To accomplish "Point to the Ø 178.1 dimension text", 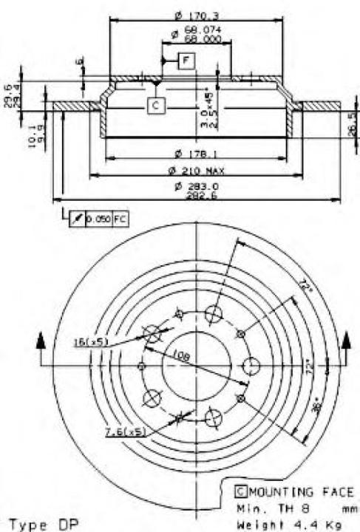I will tap(197, 154).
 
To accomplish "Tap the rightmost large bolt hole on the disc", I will tap(251, 366).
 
